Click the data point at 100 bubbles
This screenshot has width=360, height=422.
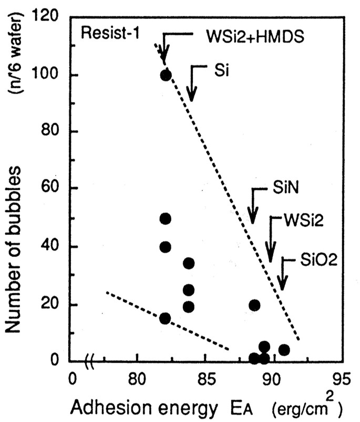[x=166, y=75]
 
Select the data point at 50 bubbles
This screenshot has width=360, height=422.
[x=166, y=219]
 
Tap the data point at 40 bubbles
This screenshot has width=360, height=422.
[x=166, y=247]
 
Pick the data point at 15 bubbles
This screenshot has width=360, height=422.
[x=166, y=318]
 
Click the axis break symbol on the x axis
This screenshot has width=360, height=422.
[x=90, y=361]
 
